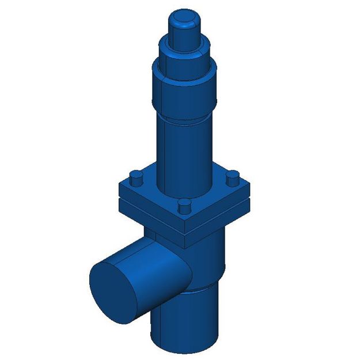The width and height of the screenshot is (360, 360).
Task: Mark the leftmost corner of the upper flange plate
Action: coord(118,185)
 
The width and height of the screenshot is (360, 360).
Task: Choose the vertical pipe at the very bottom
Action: coord(184,325)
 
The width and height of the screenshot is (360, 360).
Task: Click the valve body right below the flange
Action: coord(216,253)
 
